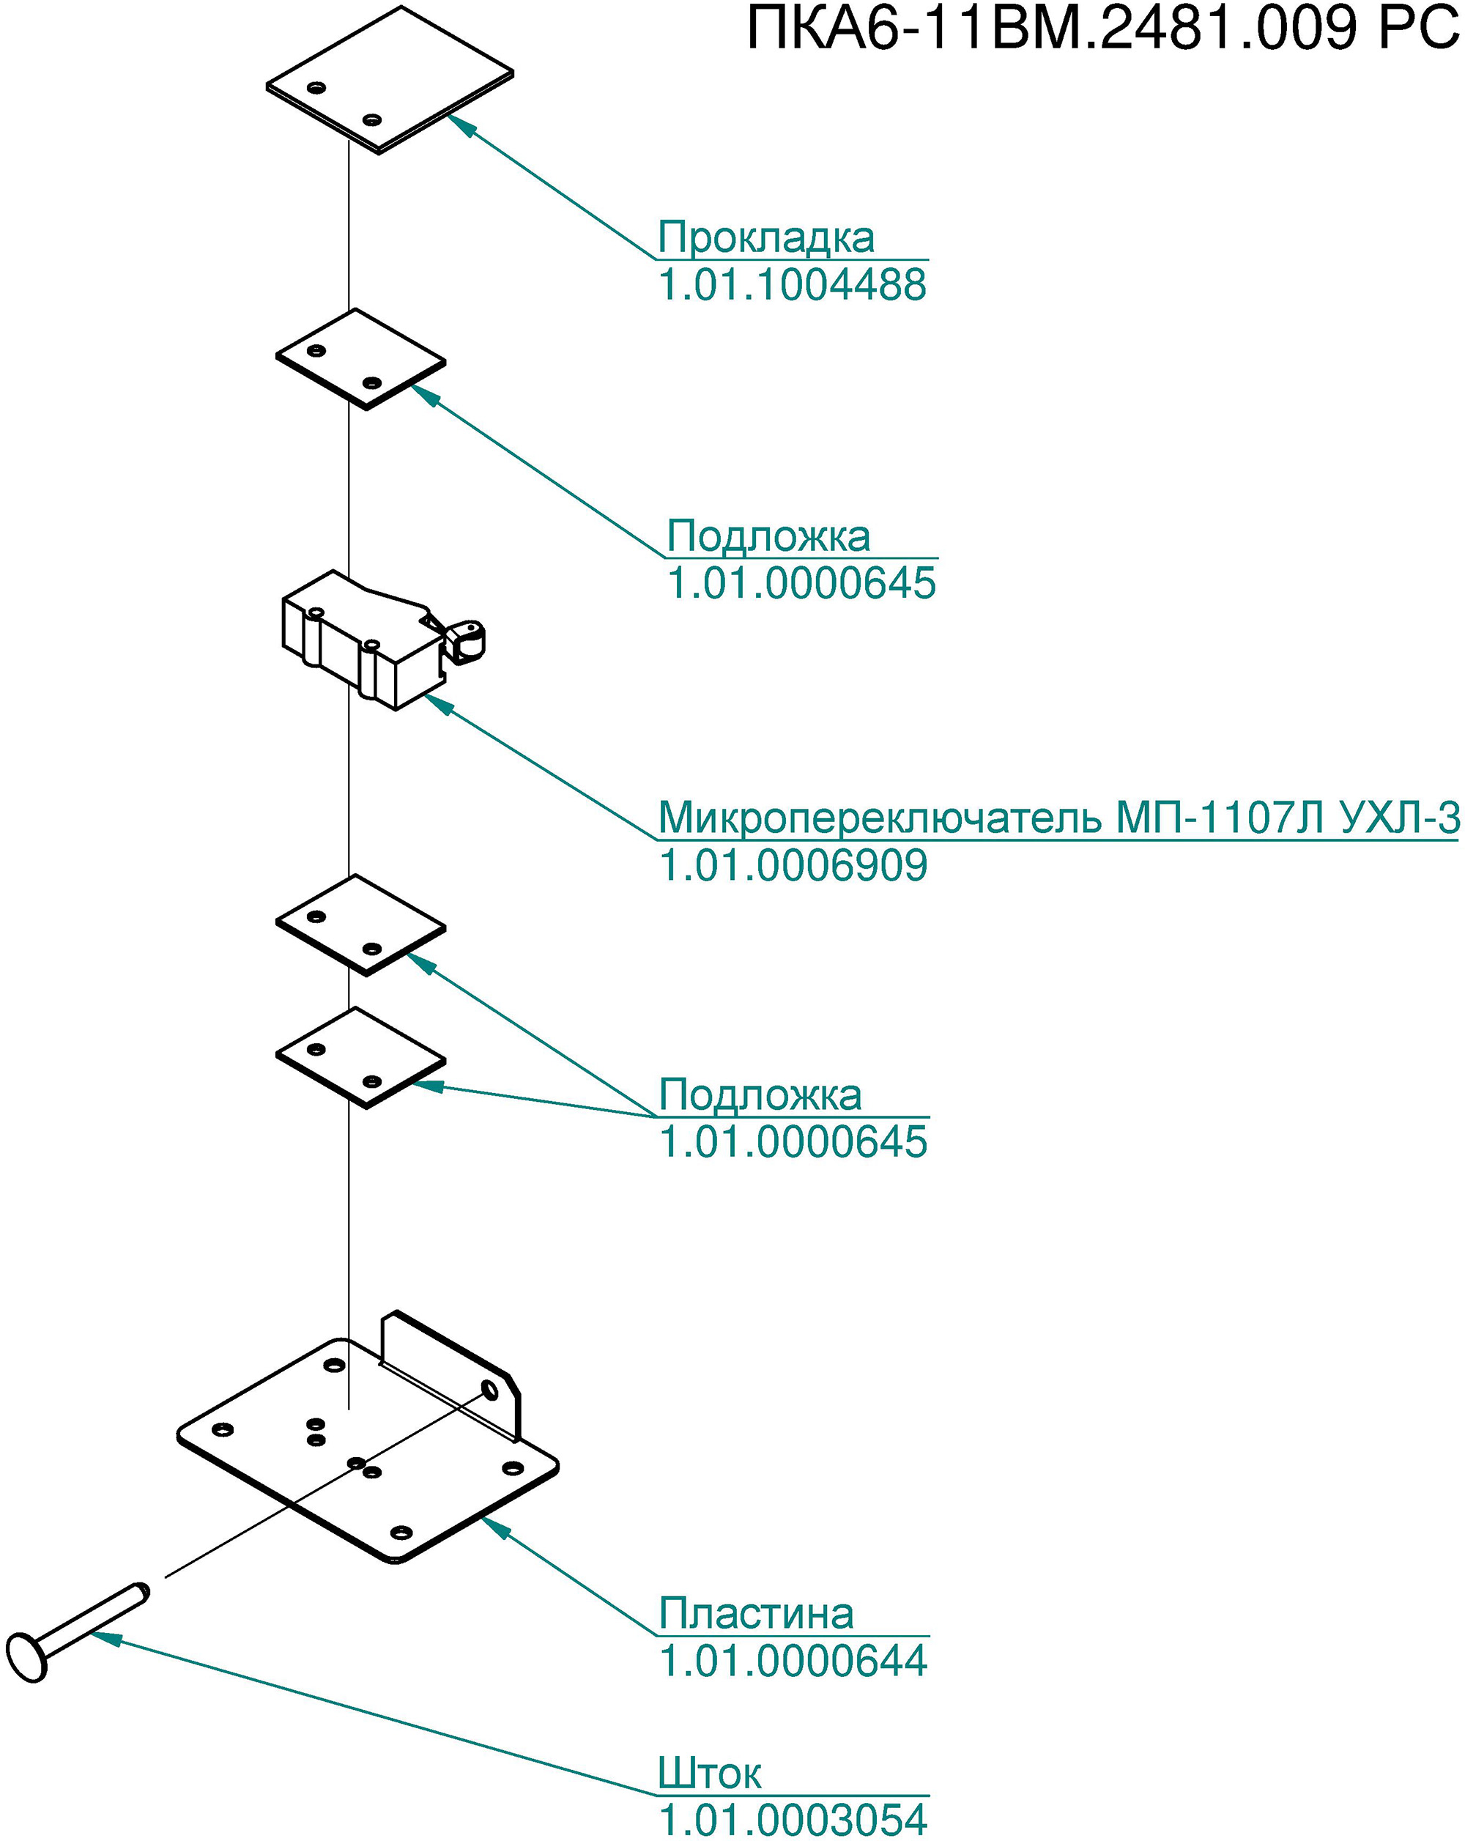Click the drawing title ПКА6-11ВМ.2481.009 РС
[x=1104, y=30]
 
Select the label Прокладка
[x=765, y=237]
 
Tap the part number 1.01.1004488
[x=793, y=284]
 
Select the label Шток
[x=710, y=1772]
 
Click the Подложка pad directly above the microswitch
[x=361, y=360]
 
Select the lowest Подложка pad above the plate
[x=361, y=1058]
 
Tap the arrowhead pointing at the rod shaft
[x=106, y=1637]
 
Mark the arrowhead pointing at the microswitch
[x=438, y=705]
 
